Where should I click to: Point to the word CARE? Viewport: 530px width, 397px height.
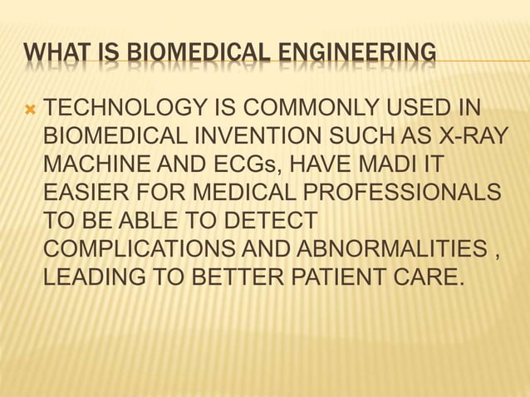pyautogui.click(x=429, y=277)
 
